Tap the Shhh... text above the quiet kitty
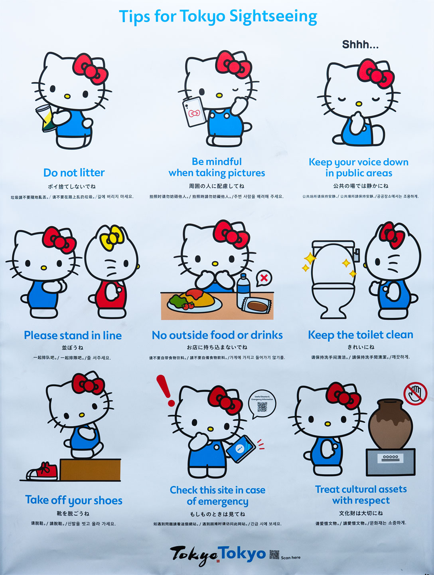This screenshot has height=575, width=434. coord(360,45)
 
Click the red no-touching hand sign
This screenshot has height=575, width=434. coord(415,393)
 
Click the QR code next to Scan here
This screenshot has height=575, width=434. coord(274,555)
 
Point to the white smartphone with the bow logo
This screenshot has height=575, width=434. coord(194,112)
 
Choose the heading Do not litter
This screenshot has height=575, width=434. coord(74,173)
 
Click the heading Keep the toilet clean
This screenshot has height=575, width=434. coord(360,335)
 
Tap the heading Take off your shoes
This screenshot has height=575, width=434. coord(74,500)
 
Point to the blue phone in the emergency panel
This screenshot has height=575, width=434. coord(241,448)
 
